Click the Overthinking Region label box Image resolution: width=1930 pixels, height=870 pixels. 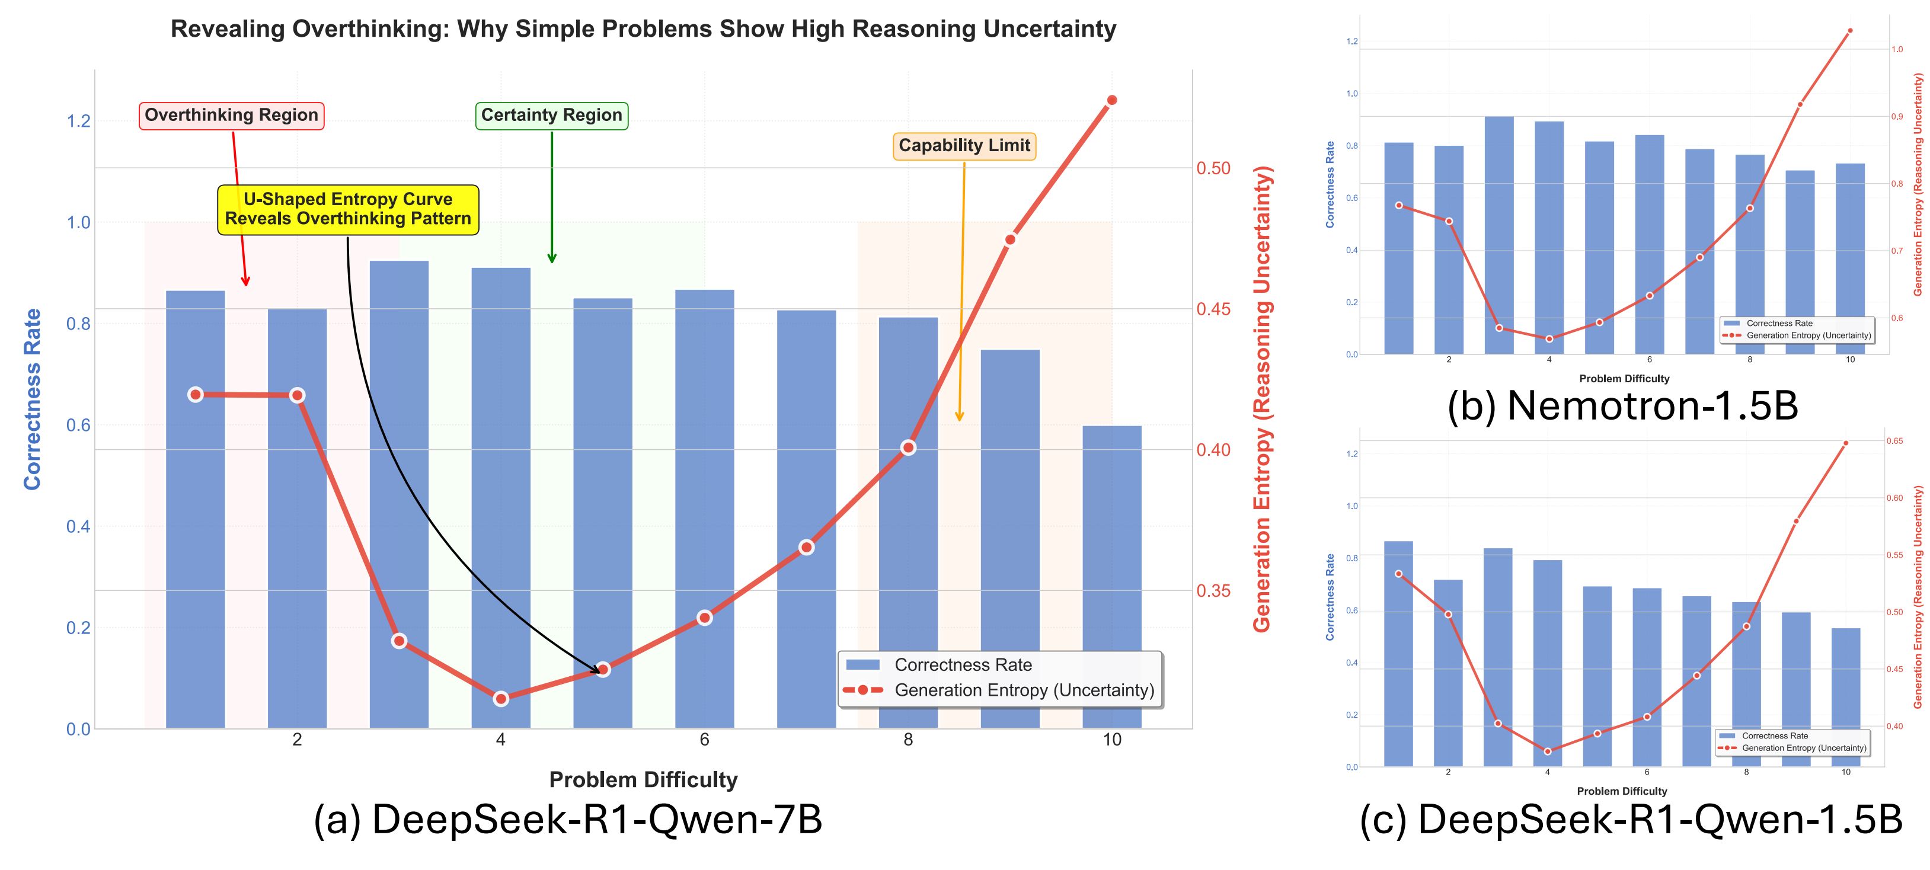pyautogui.click(x=232, y=116)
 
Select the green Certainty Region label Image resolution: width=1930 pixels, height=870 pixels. pyautogui.click(x=551, y=116)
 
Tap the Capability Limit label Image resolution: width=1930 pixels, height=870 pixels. pyautogui.click(x=964, y=145)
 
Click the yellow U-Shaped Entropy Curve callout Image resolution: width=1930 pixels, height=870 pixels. pyautogui.click(x=347, y=209)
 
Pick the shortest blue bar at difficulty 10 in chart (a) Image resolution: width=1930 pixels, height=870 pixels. pyautogui.click(x=1112, y=577)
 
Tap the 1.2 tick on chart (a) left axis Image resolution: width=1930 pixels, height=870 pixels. pyautogui.click(x=79, y=121)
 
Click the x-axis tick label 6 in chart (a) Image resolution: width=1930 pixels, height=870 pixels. pyautogui.click(x=704, y=740)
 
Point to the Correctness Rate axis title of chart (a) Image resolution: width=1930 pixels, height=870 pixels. pyautogui.click(x=32, y=399)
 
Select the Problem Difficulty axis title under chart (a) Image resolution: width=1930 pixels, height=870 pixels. pyautogui.click(x=643, y=780)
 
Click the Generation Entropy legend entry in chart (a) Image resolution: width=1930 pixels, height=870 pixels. pyautogui.click(x=1024, y=690)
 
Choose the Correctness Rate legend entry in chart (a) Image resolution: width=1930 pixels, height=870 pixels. pyautogui.click(x=963, y=665)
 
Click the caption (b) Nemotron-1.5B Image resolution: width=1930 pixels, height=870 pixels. pyautogui.click(x=1623, y=405)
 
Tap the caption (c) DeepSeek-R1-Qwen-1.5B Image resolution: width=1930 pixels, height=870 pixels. pyautogui.click(x=1630, y=819)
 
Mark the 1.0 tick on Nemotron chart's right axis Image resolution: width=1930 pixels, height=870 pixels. pyautogui.click(x=1897, y=49)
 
